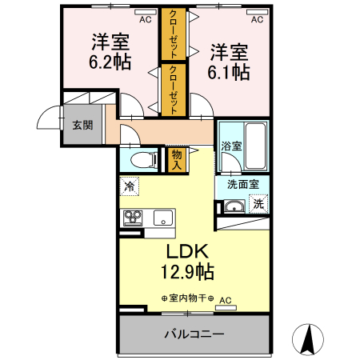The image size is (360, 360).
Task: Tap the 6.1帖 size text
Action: tap(230, 71)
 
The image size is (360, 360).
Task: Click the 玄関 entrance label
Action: tap(82, 125)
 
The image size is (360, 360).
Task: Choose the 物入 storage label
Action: tap(177, 158)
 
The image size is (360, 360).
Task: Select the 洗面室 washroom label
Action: tap(242, 183)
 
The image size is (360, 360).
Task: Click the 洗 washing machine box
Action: tap(258, 205)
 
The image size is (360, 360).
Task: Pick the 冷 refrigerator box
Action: tap(130, 186)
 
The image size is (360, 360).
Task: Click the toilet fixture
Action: tap(142, 159)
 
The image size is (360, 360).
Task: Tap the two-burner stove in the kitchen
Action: tap(132, 217)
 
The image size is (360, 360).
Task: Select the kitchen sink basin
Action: tap(162, 217)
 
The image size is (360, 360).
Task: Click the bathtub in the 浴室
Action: tap(255, 145)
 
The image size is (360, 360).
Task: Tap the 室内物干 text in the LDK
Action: tap(186, 299)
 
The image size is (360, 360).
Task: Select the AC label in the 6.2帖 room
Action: tap(145, 20)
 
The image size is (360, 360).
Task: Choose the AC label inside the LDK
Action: tap(225, 300)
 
